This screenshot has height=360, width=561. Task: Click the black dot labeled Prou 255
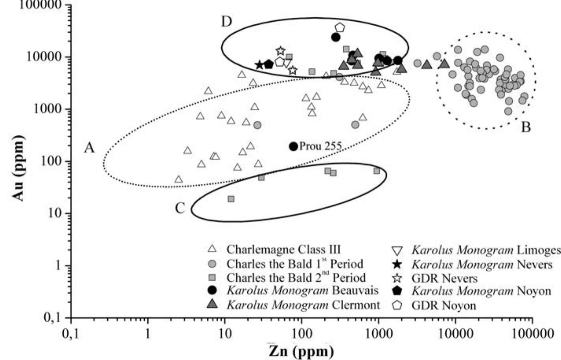point(293,146)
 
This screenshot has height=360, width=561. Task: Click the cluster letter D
point(226,22)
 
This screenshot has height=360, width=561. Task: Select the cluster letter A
point(90,148)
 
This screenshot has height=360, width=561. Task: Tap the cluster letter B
point(526,127)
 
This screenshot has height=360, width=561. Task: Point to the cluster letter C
point(180,209)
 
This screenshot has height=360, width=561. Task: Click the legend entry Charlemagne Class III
point(283,249)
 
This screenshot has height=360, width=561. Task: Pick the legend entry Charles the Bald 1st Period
point(295,264)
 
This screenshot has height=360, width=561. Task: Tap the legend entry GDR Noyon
point(443,305)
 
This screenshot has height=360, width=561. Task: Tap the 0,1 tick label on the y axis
point(52,318)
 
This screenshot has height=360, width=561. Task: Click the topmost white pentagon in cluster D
point(340,28)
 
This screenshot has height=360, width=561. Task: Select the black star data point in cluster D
point(259,65)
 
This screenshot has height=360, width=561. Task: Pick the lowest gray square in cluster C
point(231,199)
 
